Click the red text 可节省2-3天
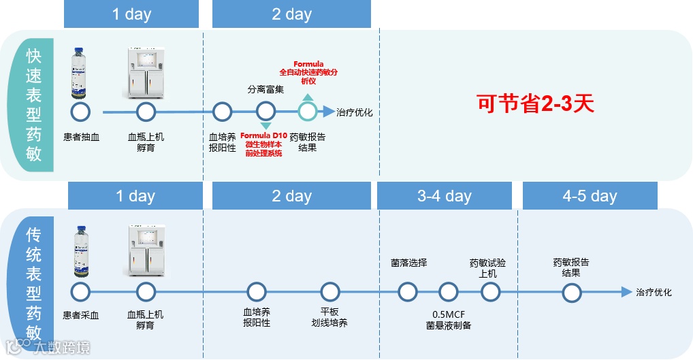tap(534, 103)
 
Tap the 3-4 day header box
tap(445, 196)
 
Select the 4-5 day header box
tap(590, 196)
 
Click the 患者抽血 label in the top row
tap(81, 137)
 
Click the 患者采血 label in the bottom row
tap(81, 315)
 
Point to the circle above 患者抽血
tap(81, 112)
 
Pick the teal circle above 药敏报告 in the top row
tap(308, 112)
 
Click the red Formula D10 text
tap(263, 136)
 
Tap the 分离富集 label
tap(265, 89)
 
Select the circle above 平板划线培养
tap(330, 293)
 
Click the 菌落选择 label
tap(408, 263)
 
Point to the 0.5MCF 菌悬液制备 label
tap(449, 320)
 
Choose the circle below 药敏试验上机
tap(490, 293)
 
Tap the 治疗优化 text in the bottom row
tap(654, 293)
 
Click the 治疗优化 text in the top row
tap(355, 112)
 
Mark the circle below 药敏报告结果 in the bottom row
tap(572, 293)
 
